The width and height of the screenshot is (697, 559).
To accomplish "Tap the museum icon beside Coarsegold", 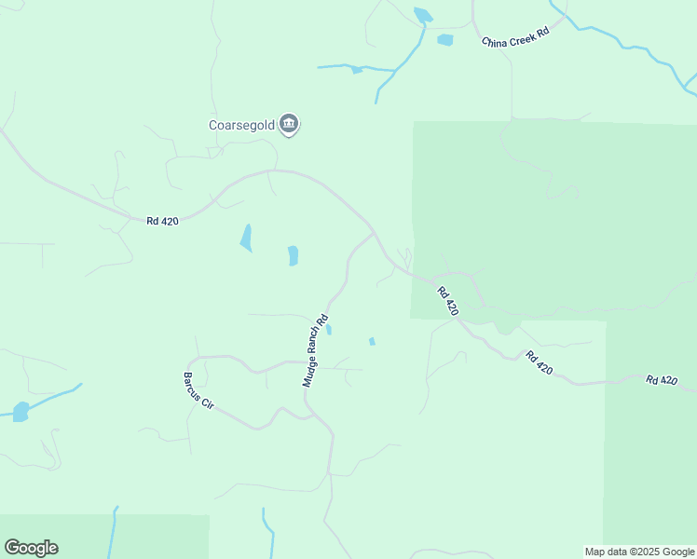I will (289, 124).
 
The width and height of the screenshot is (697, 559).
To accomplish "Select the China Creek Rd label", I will (515, 42).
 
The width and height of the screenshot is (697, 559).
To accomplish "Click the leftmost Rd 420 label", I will (162, 221).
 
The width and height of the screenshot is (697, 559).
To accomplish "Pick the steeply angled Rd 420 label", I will (447, 301).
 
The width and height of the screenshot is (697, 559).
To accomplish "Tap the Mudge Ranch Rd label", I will (315, 350).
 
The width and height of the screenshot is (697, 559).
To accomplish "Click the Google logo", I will (31, 548).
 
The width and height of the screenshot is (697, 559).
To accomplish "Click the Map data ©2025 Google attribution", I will (639, 552).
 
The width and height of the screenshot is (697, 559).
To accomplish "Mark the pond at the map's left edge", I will (20, 412).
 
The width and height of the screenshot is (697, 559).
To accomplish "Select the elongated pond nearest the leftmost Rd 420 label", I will (246, 238).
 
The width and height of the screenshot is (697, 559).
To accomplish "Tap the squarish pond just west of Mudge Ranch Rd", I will (293, 255).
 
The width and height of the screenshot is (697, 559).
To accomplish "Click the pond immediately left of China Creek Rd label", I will (444, 40).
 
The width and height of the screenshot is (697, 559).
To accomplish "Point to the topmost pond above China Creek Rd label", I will (423, 15).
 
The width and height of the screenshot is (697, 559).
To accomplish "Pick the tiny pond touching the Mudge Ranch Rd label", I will (329, 329).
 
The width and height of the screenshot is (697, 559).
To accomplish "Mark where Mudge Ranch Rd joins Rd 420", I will (375, 233).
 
